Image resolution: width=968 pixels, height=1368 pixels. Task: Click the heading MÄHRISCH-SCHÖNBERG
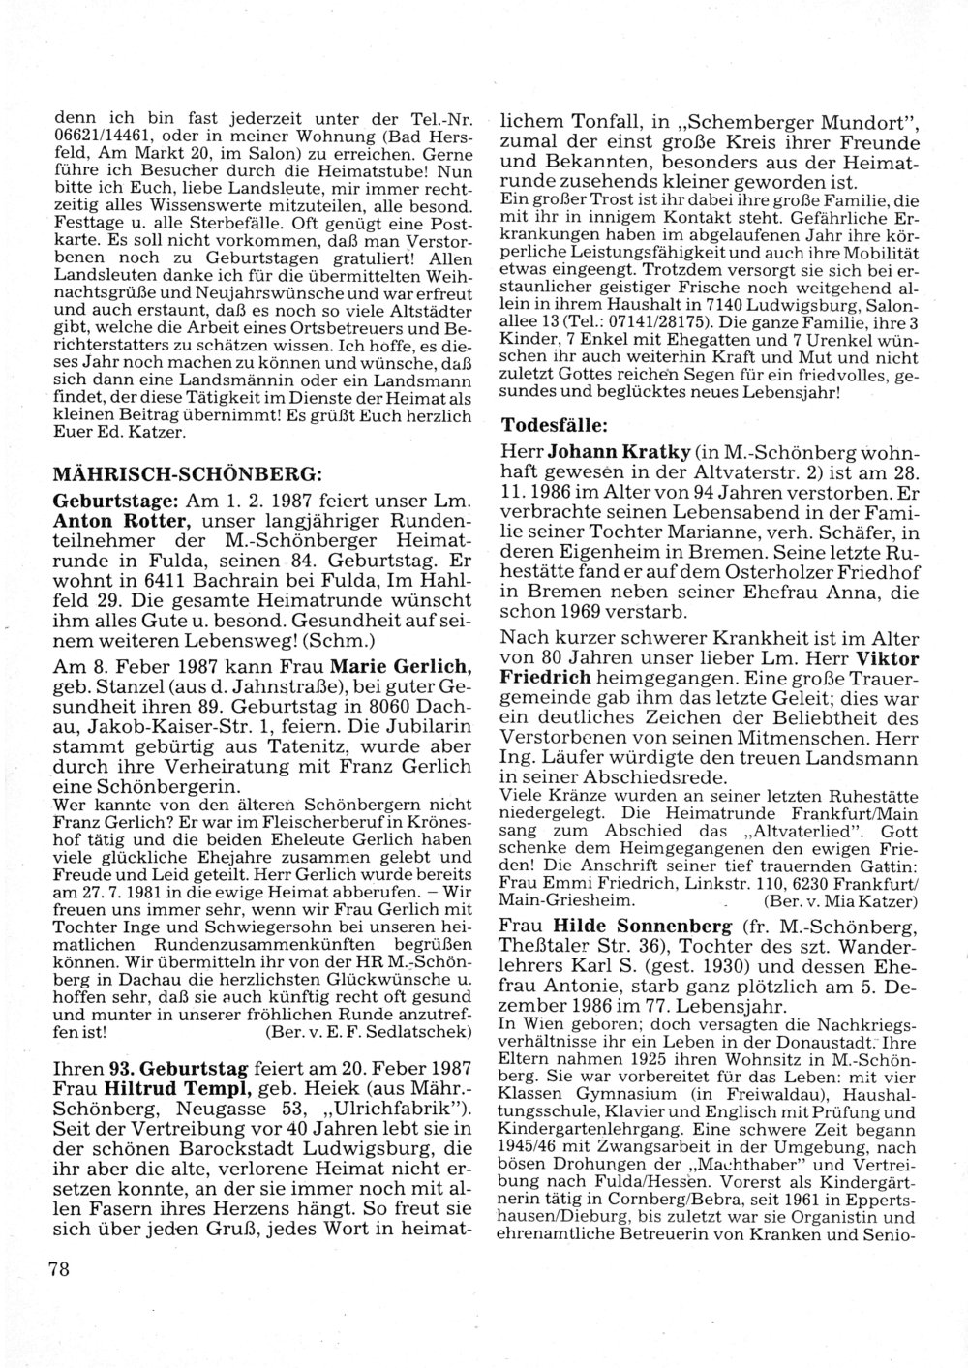click(x=186, y=475)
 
